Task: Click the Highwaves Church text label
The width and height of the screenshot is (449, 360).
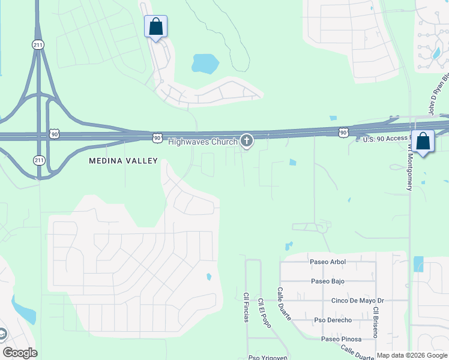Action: click(202, 142)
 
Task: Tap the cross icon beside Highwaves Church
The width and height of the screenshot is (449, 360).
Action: click(246, 141)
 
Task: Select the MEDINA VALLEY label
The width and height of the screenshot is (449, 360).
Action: click(123, 161)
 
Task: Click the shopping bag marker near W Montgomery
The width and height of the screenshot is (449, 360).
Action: click(423, 142)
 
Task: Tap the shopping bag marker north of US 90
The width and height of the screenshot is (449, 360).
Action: click(155, 27)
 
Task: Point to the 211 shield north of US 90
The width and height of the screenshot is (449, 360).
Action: click(37, 44)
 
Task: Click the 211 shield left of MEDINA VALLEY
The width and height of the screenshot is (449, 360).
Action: click(39, 160)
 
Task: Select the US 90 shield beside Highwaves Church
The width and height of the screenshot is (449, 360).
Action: click(157, 138)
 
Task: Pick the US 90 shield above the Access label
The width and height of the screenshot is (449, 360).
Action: click(343, 132)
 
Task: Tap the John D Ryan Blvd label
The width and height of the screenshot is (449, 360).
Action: click(439, 93)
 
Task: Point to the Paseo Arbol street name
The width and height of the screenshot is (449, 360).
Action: click(328, 262)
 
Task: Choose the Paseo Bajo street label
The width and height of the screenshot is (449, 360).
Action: click(328, 281)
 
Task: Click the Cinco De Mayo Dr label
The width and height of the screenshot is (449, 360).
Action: click(358, 301)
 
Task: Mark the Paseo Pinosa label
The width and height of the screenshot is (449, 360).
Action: click(341, 340)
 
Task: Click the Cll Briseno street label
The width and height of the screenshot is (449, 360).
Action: click(375, 322)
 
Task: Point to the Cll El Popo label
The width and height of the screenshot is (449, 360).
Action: click(265, 313)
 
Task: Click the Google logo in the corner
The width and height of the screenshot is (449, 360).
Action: click(20, 353)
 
